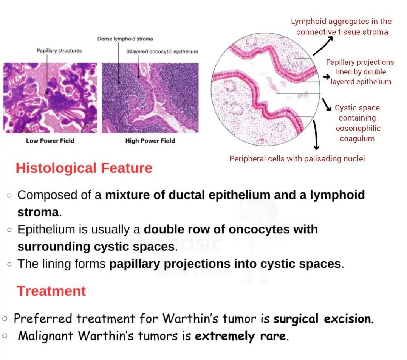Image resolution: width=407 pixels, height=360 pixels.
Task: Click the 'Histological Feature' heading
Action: pos(84,168)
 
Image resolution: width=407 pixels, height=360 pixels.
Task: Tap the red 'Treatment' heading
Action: pos(51,291)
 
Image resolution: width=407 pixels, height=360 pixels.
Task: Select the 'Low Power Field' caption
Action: pos(50,141)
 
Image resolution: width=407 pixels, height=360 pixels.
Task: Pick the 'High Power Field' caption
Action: pos(150,141)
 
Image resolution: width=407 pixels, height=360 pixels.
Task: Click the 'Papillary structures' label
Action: pos(59,50)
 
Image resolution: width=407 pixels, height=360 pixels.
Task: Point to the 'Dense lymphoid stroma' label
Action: pos(125,39)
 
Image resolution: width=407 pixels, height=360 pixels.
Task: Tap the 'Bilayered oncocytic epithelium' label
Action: pos(162,51)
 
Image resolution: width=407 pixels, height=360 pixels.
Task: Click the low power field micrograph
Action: pos(50,98)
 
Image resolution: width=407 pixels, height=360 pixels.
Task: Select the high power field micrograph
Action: pos(150,98)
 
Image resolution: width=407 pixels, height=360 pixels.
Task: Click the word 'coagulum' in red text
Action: pos(357,139)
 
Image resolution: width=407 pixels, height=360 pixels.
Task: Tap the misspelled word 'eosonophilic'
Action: pos(358,128)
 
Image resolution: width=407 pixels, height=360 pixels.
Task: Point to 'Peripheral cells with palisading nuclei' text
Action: pos(297,159)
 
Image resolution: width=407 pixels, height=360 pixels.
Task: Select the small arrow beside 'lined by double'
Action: pos(326,77)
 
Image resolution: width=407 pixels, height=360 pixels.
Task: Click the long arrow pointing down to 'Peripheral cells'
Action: pos(316,135)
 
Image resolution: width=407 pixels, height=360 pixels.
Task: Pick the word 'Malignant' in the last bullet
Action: pos(45,336)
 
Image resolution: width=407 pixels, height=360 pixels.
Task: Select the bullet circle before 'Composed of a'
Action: pos(9,196)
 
